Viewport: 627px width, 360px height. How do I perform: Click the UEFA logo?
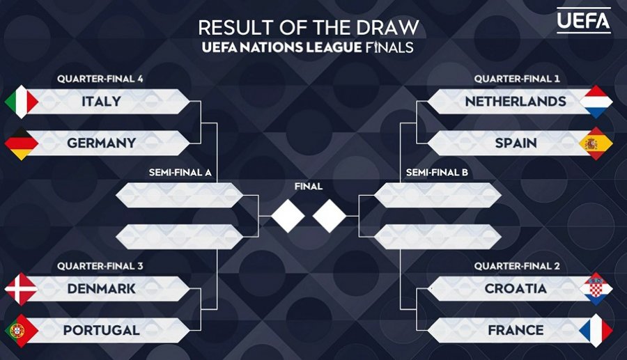pos(583,20)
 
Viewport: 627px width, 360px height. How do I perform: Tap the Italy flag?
pos(21,102)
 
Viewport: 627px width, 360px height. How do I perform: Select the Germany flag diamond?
pos(21,143)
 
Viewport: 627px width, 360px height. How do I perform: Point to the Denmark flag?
pos(21,289)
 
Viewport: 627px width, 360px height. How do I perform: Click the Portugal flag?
pos(21,331)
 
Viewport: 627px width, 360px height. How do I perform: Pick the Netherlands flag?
pos(596,102)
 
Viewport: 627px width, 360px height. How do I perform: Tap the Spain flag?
pos(596,143)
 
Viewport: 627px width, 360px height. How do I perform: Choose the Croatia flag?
pos(596,289)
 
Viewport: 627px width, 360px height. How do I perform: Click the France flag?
pos(596,331)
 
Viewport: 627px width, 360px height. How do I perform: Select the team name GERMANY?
pos(102,143)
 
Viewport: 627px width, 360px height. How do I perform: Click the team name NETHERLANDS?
pos(516,102)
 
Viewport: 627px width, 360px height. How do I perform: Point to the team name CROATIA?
pos(516,288)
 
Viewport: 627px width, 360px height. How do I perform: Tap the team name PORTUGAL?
pos(102,331)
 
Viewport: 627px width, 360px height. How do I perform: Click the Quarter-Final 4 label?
pos(100,79)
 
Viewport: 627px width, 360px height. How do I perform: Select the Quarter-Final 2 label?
pos(517,266)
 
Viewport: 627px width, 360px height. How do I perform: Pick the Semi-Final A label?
pos(180,173)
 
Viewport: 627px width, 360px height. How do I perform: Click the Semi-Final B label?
pos(437,173)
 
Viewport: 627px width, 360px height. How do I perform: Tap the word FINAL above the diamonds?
pos(309,186)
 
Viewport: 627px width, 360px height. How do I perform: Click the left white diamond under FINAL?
pos(288,216)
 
